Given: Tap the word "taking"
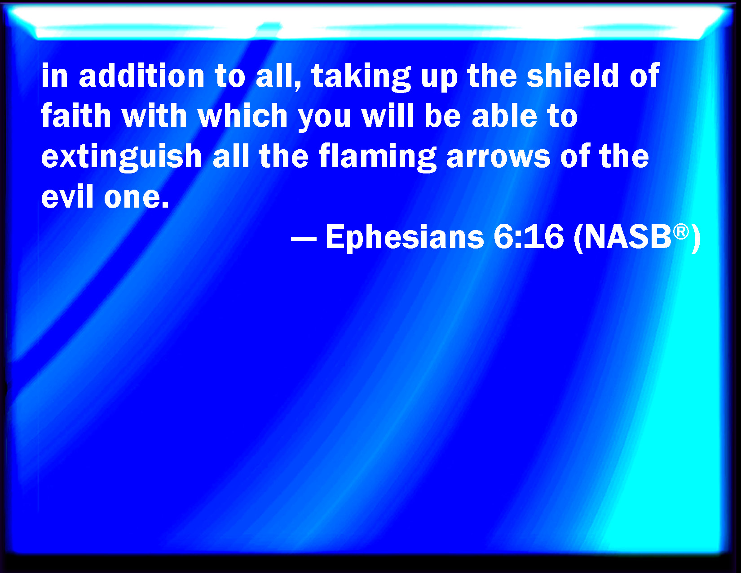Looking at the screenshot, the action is coord(361,77).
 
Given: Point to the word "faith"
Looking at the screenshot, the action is coord(76,115).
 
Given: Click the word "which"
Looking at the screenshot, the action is coord(243,115).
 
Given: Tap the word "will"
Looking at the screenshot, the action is coord(388,115).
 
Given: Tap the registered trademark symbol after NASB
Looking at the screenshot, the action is coord(681,232).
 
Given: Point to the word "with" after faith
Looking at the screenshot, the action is coord(154,115).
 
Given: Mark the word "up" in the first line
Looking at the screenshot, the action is coord(439,79).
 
